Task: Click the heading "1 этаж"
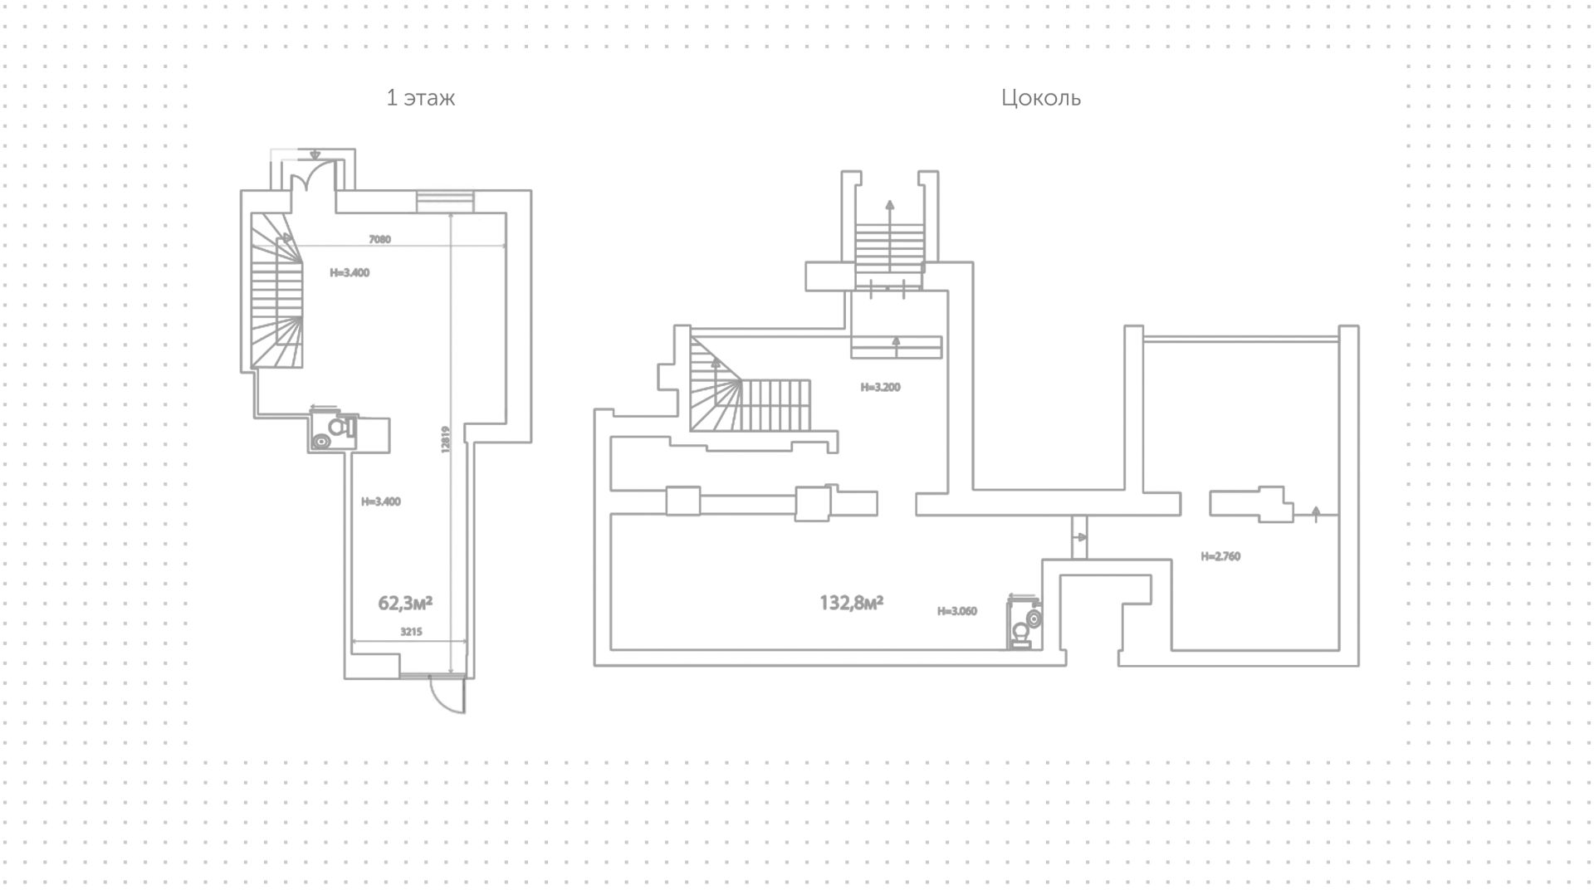pyautogui.click(x=421, y=98)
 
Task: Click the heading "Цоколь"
pyautogui.click(x=1041, y=98)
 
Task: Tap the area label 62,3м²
pyautogui.click(x=405, y=603)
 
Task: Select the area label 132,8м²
pyautogui.click(x=851, y=603)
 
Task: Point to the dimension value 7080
pyautogui.click(x=379, y=239)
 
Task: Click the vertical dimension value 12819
pyautogui.click(x=446, y=439)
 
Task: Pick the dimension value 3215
pyautogui.click(x=411, y=632)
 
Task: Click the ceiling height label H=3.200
pyautogui.click(x=880, y=387)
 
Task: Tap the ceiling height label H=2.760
pyautogui.click(x=1220, y=556)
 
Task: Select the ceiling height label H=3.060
pyautogui.click(x=956, y=611)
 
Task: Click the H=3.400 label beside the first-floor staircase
pyautogui.click(x=350, y=272)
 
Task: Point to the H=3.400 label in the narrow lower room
pyautogui.click(x=381, y=501)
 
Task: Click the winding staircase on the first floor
pyautogui.click(x=277, y=290)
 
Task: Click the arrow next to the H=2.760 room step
pyautogui.click(x=1316, y=513)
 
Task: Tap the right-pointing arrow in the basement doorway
pyautogui.click(x=1079, y=537)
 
